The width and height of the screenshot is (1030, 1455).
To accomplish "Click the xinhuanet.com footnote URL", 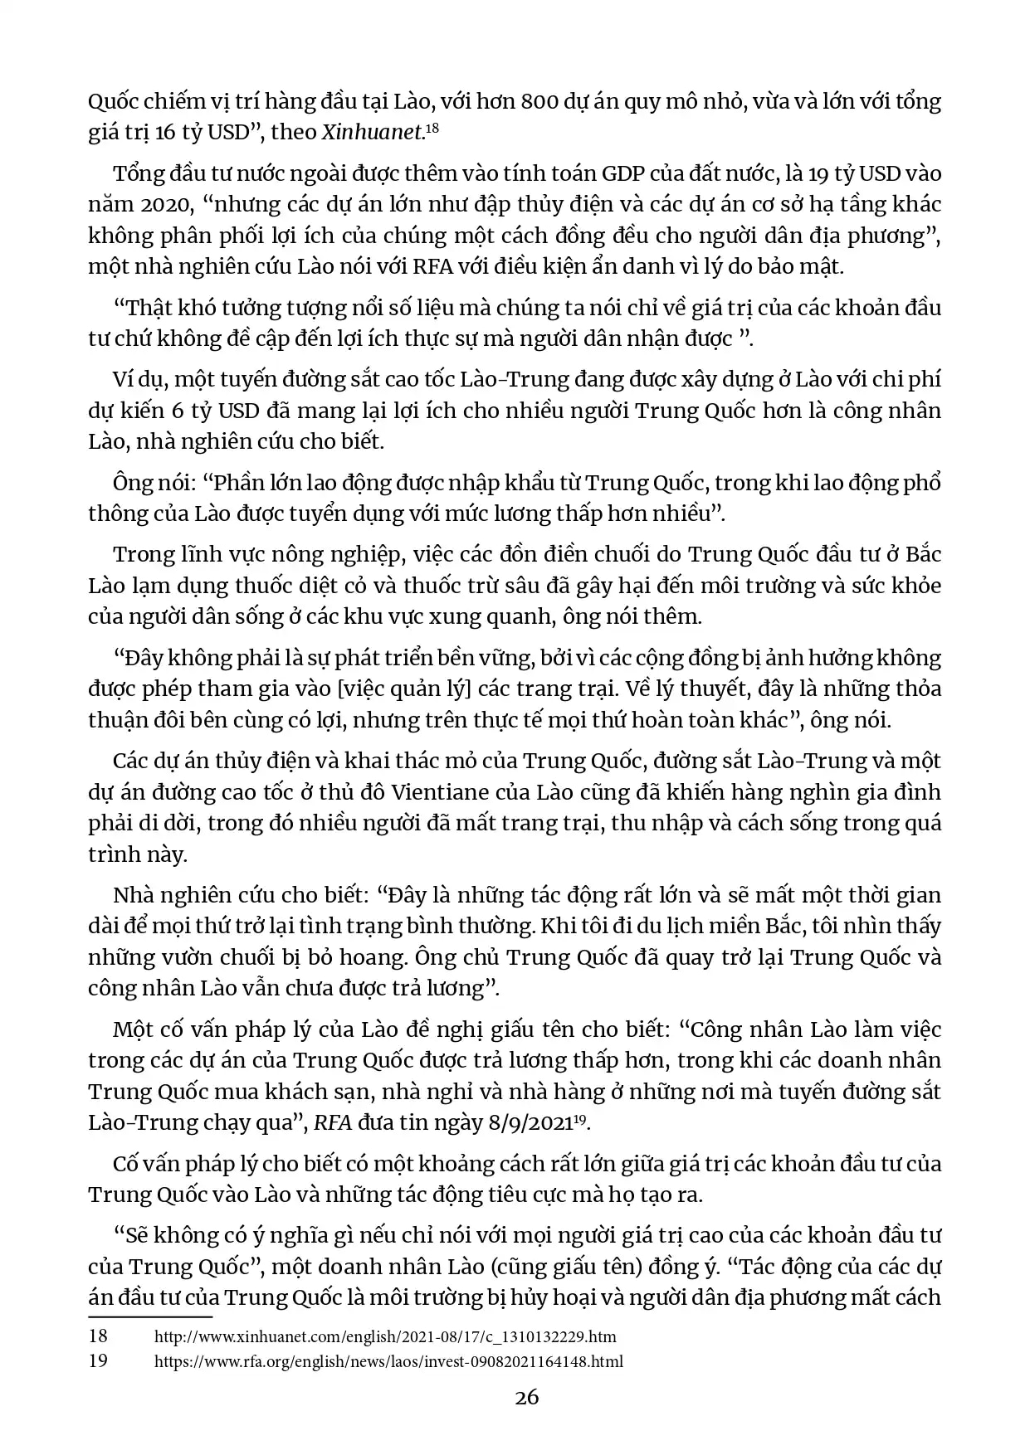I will click(x=386, y=1337).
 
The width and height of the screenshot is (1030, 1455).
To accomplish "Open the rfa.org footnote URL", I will click(x=389, y=1361).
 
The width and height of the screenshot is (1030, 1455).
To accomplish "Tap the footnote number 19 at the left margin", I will click(x=98, y=1361).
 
